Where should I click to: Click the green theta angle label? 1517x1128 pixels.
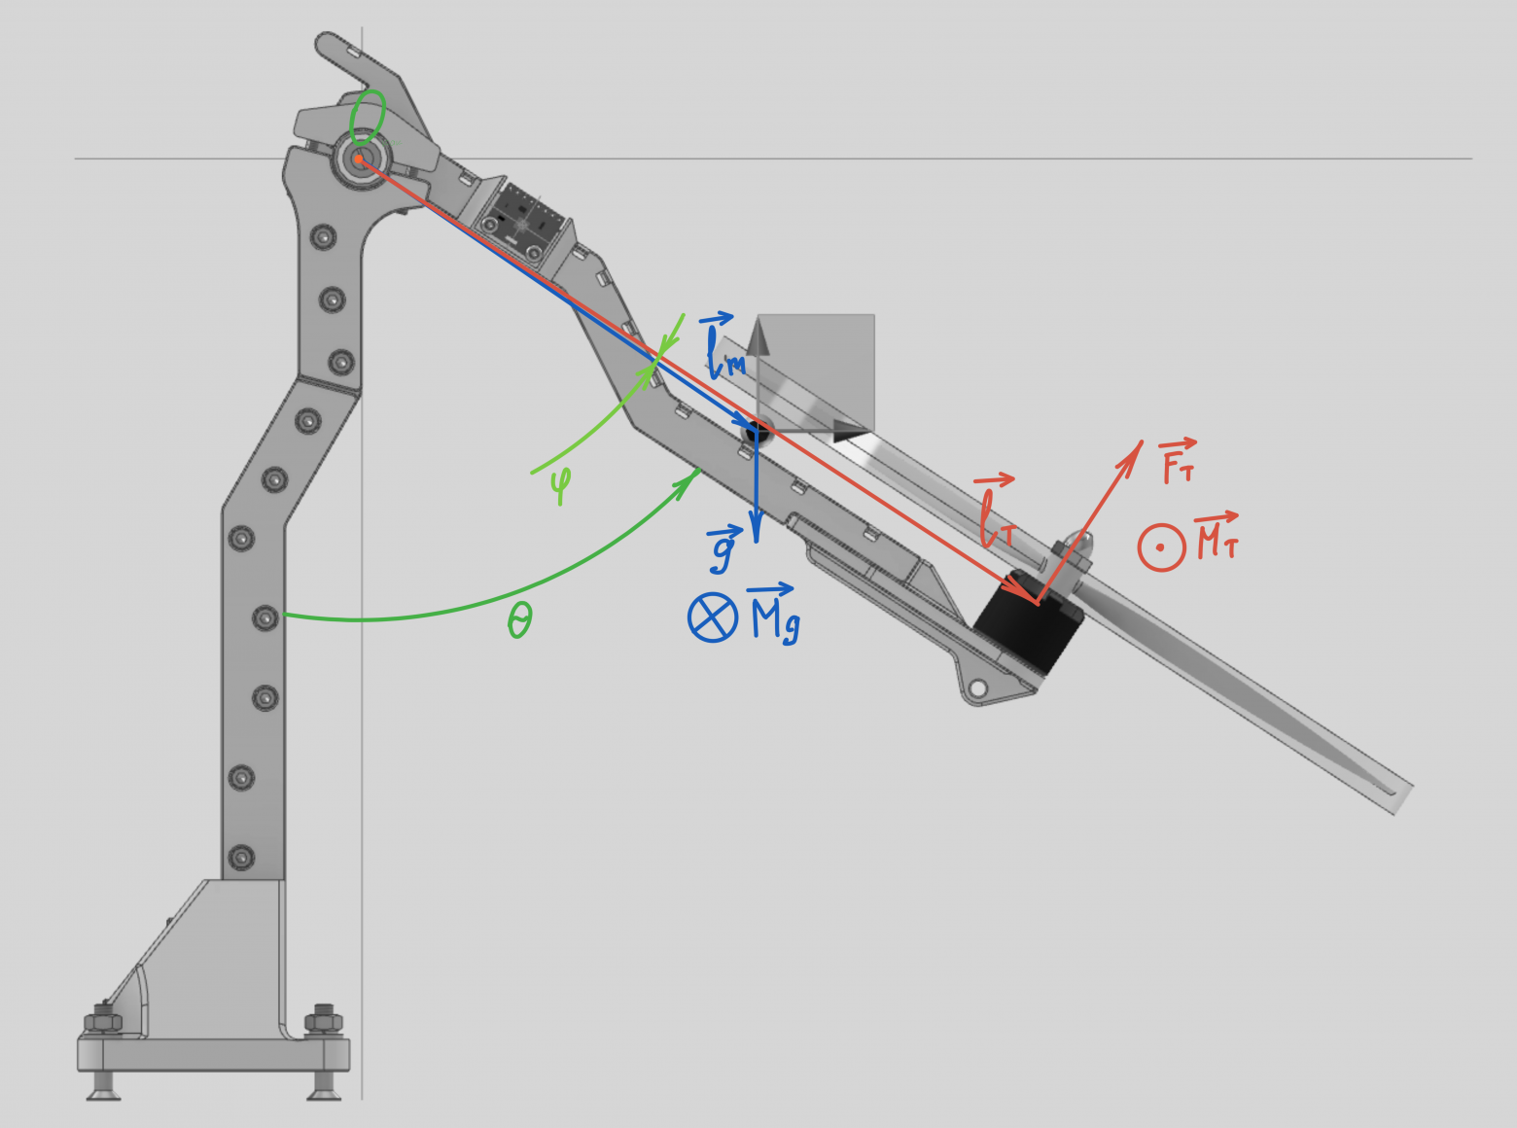[x=520, y=621]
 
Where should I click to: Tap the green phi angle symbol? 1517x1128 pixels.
[x=560, y=485]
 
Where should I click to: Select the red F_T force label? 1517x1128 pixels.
[x=1178, y=461]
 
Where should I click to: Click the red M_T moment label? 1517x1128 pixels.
[x=1217, y=536]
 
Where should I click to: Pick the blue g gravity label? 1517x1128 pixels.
[x=723, y=549]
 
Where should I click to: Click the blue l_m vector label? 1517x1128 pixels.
[x=723, y=346]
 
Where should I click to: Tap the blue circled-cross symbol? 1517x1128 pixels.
[x=713, y=617]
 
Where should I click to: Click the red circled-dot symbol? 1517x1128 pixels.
[x=1161, y=547]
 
